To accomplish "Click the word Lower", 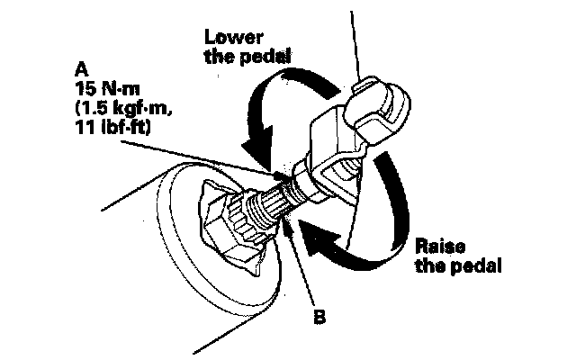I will (x=231, y=37).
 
